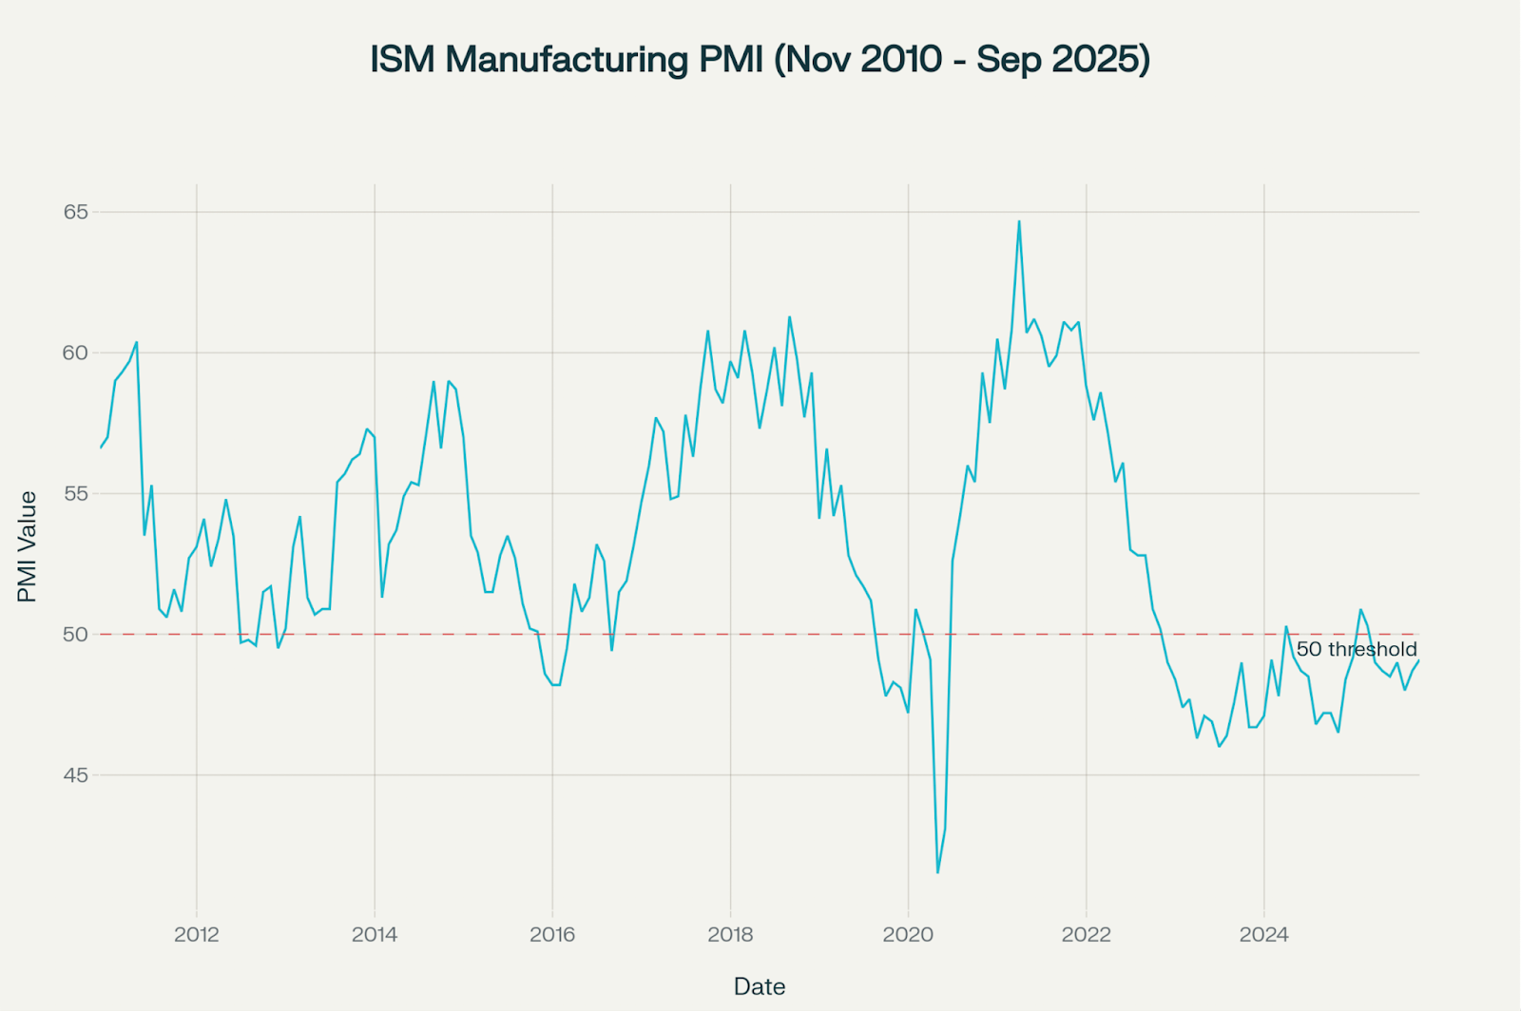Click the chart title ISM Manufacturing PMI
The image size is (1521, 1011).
760,59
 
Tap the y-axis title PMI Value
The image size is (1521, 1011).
28,546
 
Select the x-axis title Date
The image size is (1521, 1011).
760,986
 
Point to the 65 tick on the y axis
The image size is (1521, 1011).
76,212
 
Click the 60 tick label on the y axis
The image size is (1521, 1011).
76,353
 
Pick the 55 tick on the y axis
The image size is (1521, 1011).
76,493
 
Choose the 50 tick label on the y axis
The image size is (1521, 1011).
76,634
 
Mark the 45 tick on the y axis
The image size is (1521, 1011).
76,774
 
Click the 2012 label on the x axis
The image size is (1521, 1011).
197,934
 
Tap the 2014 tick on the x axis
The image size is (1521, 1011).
375,934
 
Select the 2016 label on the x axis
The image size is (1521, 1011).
552,934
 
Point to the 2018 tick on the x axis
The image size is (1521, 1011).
730,934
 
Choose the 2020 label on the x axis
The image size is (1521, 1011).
908,934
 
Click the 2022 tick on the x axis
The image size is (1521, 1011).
1086,934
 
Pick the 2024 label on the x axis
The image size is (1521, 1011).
1263,934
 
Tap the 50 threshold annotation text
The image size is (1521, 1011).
1357,650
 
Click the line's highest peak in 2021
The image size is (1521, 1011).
1019,221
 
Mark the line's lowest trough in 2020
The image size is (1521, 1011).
937,872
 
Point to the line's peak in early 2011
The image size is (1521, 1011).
137,342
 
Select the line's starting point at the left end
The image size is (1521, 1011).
101,448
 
